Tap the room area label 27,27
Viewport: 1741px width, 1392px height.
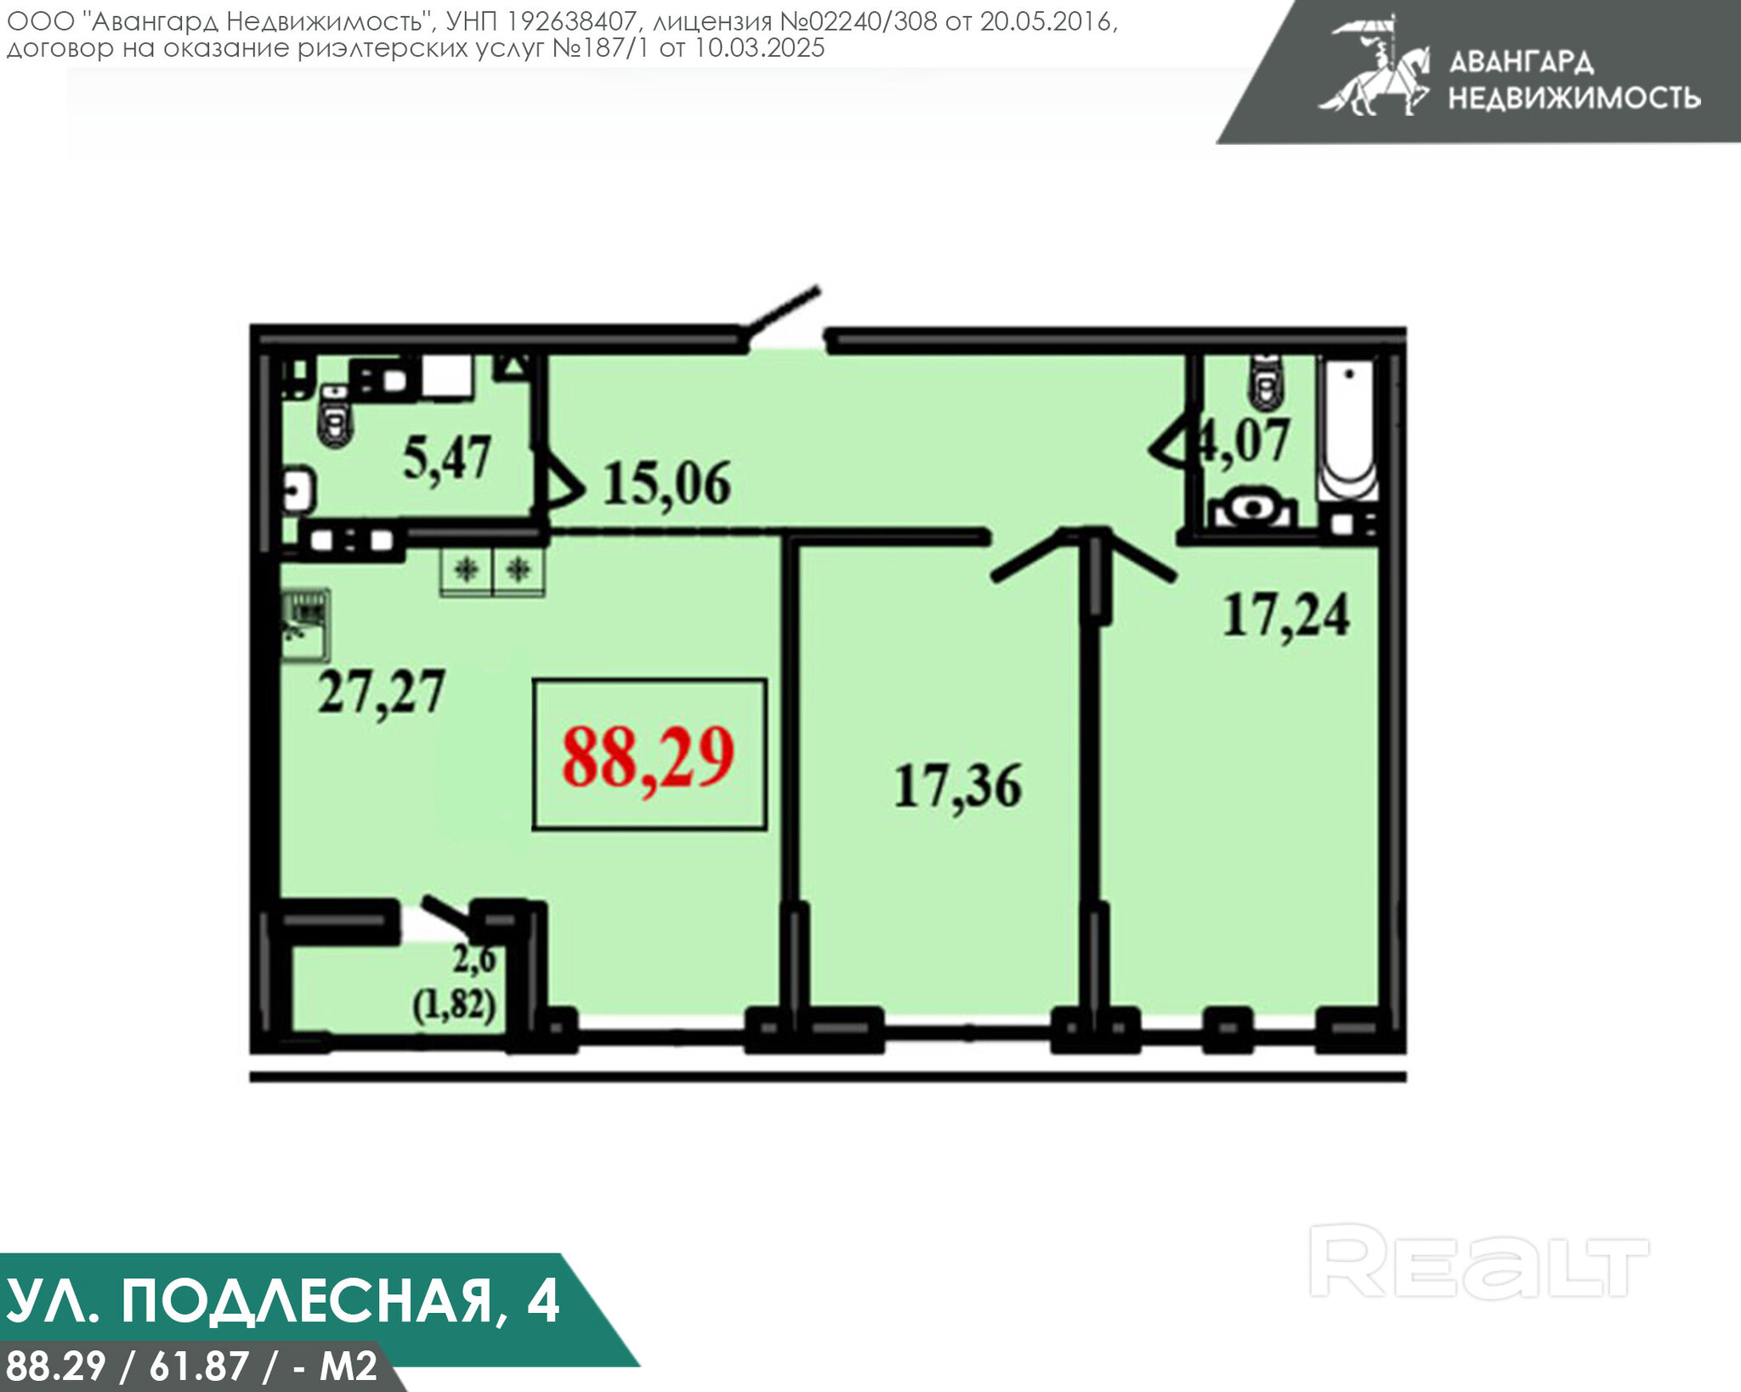coord(382,692)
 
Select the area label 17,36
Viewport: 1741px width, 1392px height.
coord(957,787)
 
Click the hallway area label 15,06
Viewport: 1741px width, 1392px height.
coord(666,484)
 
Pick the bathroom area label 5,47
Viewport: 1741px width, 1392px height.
coord(447,458)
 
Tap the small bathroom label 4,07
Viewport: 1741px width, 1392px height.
coord(1245,441)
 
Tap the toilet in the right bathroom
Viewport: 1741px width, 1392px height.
coord(1267,383)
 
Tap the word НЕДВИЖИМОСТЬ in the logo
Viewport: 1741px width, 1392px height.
coord(1574,98)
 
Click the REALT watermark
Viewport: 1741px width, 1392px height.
coord(1478,1262)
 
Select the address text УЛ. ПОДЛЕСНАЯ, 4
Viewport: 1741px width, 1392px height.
coord(283,1301)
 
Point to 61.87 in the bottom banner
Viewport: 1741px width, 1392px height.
coord(199,1366)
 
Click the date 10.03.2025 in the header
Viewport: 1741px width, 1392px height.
coord(759,48)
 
